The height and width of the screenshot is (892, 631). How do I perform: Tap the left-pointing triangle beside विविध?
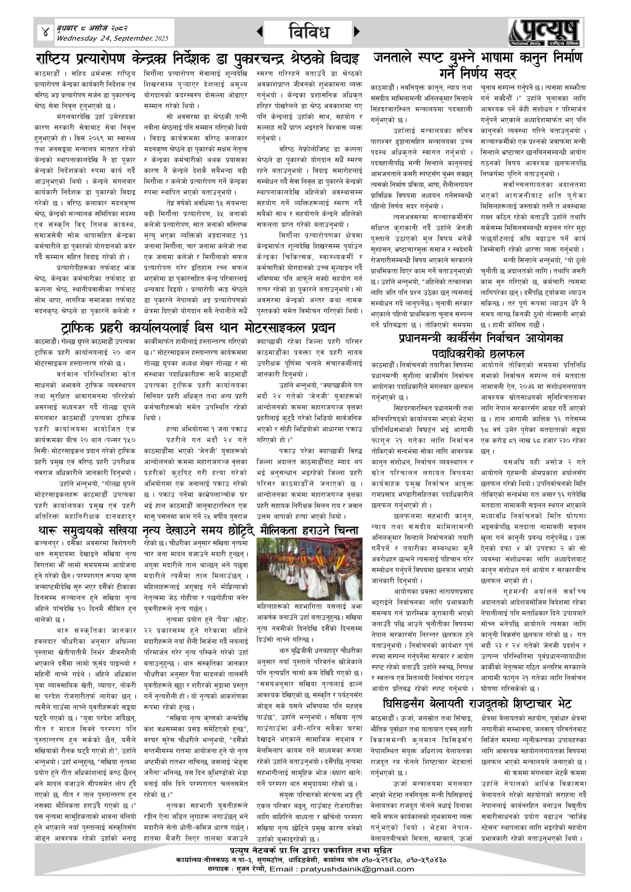(x=260, y=31)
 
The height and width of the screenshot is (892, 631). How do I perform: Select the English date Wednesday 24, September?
(x=113, y=38)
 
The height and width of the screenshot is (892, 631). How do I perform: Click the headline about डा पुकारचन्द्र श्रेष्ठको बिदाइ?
(x=197, y=59)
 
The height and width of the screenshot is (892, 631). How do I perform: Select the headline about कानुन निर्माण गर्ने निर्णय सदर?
(x=478, y=65)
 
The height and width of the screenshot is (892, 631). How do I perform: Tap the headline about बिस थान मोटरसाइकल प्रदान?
(x=198, y=328)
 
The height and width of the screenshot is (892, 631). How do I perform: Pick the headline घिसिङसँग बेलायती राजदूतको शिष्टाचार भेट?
(x=477, y=703)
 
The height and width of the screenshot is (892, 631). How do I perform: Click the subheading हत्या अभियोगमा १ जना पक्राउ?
(x=206, y=429)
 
